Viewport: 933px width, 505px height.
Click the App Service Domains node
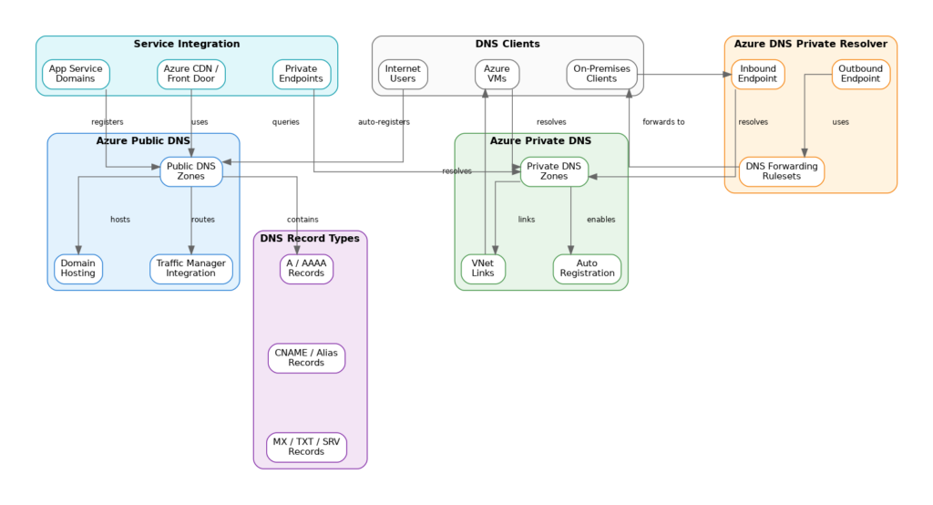pyautogui.click(x=76, y=74)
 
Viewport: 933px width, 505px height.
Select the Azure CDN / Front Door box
pyautogui.click(x=191, y=74)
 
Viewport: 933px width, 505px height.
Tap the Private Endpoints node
pyautogui.click(x=302, y=74)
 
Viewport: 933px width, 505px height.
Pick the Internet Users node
pyautogui.click(x=403, y=74)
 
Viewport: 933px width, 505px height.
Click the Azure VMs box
pyautogui.click(x=497, y=74)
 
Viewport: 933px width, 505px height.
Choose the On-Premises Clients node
pyautogui.click(x=601, y=74)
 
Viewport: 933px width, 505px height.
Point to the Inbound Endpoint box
pyautogui.click(x=758, y=74)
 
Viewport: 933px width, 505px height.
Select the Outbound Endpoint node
pyautogui.click(x=861, y=74)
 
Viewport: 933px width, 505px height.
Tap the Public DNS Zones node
pyautogui.click(x=191, y=171)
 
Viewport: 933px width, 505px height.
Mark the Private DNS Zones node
pyautogui.click(x=554, y=171)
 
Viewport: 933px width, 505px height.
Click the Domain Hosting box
pyautogui.click(x=78, y=269)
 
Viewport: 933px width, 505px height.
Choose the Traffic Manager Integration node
pyautogui.click(x=191, y=269)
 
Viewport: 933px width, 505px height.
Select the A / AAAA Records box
pyautogui.click(x=306, y=269)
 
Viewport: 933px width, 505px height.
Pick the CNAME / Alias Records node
pyautogui.click(x=306, y=357)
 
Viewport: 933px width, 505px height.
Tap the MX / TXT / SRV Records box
pyautogui.click(x=306, y=447)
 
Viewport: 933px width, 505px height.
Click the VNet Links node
pyautogui.click(x=483, y=269)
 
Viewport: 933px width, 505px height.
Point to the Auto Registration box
pyautogui.click(x=588, y=269)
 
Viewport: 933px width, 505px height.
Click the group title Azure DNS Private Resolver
pyautogui.click(x=811, y=44)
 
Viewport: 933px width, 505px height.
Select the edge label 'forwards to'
pyautogui.click(x=663, y=122)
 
